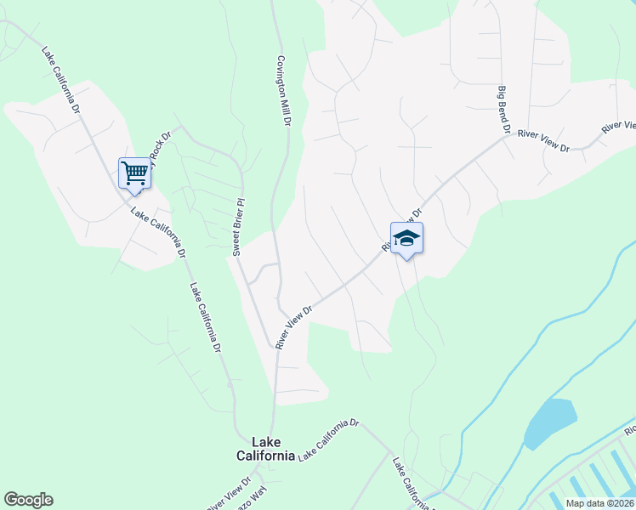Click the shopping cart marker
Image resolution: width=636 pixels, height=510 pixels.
pos(134,173)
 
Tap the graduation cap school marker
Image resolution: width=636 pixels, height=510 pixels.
pos(406,238)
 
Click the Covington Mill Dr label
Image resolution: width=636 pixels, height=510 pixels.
pos(283,92)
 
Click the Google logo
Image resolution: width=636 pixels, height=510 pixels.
pos(29,500)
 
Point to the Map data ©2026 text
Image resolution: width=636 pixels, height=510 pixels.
pos(599,503)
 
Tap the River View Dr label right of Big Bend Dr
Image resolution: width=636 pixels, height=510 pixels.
pos(542,139)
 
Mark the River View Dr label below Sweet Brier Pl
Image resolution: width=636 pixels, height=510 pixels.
pos(295,325)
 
